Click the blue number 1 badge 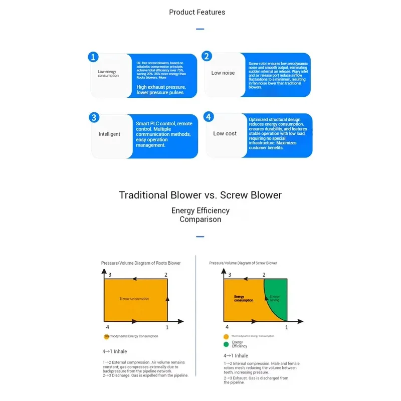pyautogui.click(x=93, y=57)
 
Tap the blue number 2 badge pyautogui.click(x=207, y=56)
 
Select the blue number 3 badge pyautogui.click(x=94, y=118)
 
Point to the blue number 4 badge pyautogui.click(x=209, y=117)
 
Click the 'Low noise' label pyautogui.click(x=223, y=73)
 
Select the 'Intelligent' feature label pyautogui.click(x=109, y=134)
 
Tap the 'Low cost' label pyautogui.click(x=225, y=134)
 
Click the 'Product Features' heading pyautogui.click(x=197, y=12)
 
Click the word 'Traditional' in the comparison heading pyautogui.click(x=143, y=195)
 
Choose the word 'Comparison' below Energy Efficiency pyautogui.click(x=200, y=219)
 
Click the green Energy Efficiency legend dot pyautogui.click(x=226, y=344)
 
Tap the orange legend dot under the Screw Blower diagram pyautogui.click(x=226, y=336)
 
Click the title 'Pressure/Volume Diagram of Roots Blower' pyautogui.click(x=141, y=263)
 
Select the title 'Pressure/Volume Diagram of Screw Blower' pyautogui.click(x=243, y=263)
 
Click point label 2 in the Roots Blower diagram pyautogui.click(x=166, y=275)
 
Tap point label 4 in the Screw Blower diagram pyautogui.click(x=227, y=326)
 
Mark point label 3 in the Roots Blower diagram pyautogui.click(x=110, y=275)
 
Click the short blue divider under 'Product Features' pyautogui.click(x=200, y=29)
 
